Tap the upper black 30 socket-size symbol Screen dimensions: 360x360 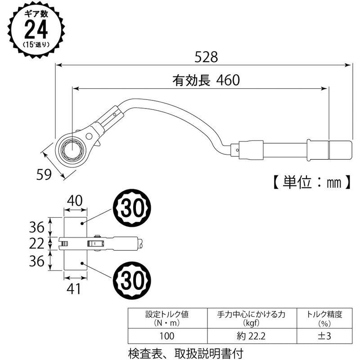click(x=133, y=207)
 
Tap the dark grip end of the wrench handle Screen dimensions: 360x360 click(x=340, y=148)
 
